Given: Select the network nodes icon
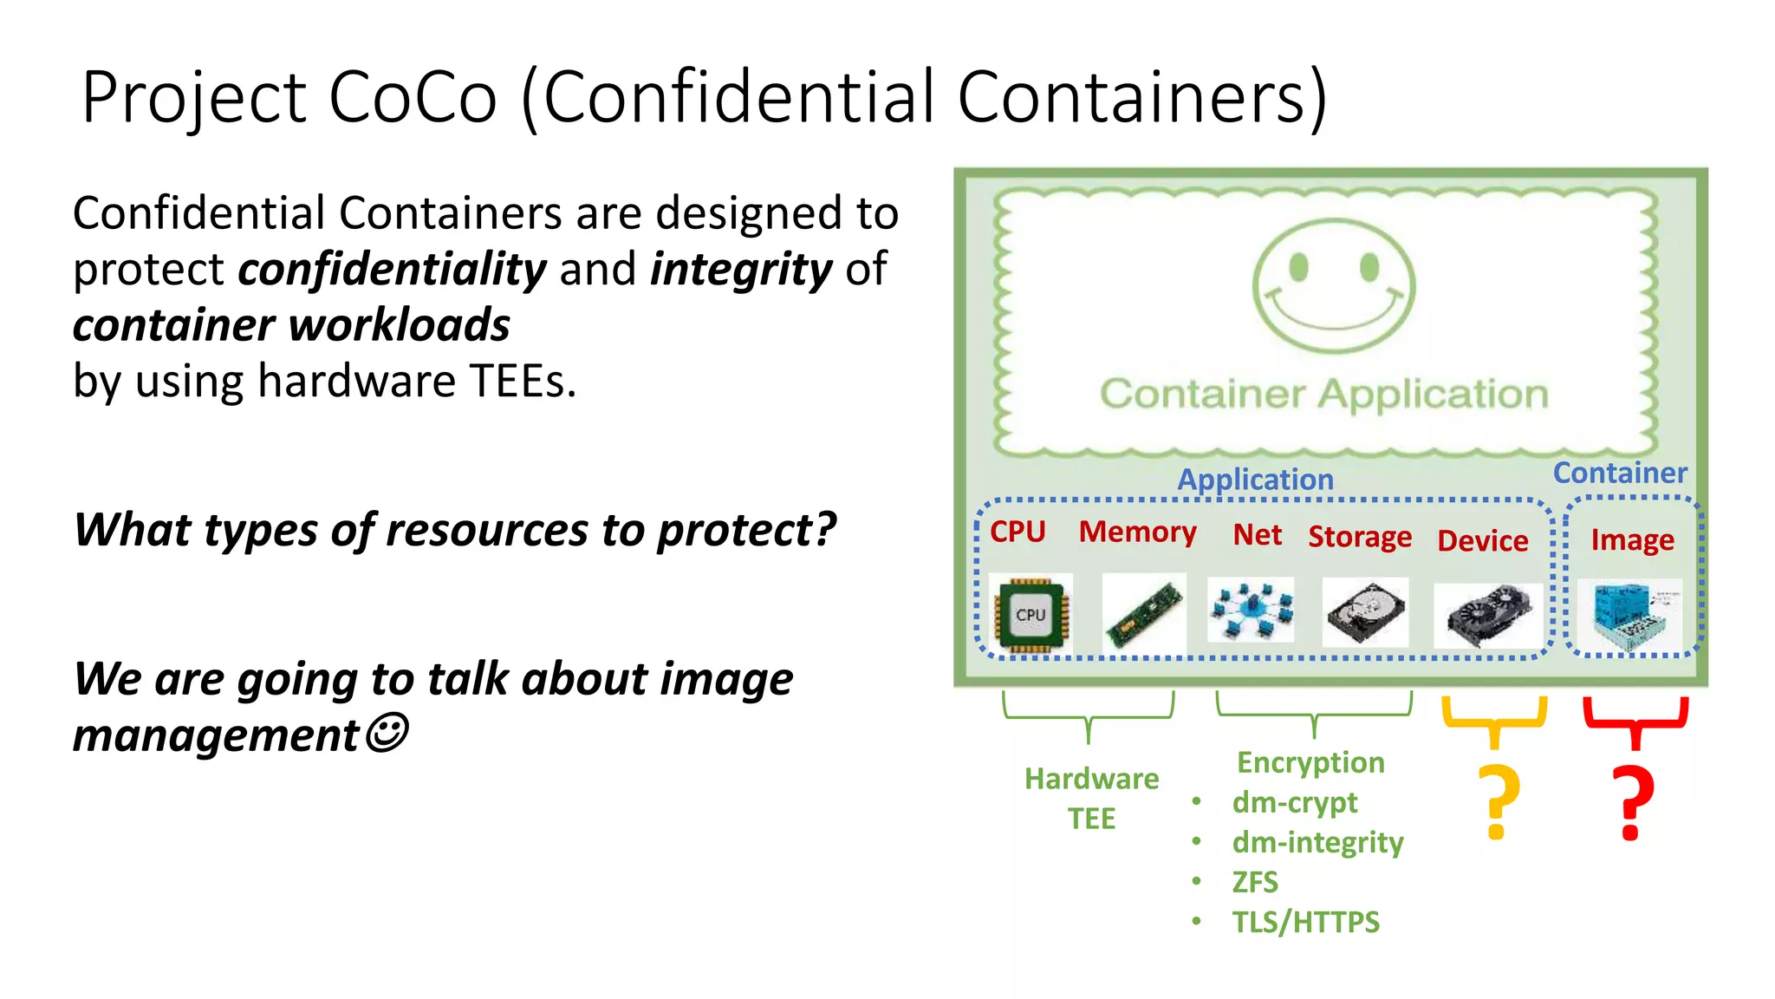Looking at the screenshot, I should tap(1251, 610).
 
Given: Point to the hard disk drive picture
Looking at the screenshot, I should tap(1365, 612).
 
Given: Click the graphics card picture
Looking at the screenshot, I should tap(1487, 615).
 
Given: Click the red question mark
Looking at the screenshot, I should tap(1632, 802).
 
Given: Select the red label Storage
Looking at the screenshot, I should tap(1360, 537).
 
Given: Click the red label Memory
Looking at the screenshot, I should tap(1137, 532).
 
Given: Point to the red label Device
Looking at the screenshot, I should tap(1483, 540).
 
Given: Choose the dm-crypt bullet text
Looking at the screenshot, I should tap(1295, 803).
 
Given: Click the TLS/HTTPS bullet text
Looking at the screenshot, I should tap(1305, 922).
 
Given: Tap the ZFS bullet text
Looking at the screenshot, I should tap(1255, 882).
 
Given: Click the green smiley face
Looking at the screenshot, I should tap(1333, 287).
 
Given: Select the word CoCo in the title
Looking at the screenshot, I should tap(413, 96).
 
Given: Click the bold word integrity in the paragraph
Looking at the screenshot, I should tap(741, 269).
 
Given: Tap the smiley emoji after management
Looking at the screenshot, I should tap(387, 734).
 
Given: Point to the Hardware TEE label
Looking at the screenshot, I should tap(1091, 798).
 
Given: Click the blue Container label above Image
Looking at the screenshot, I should tap(1620, 473).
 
